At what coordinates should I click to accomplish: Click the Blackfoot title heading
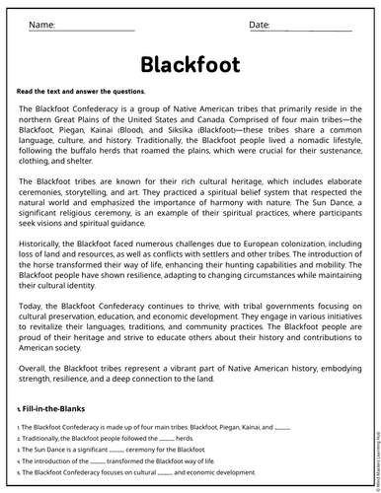190,63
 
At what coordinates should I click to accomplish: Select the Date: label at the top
260,24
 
